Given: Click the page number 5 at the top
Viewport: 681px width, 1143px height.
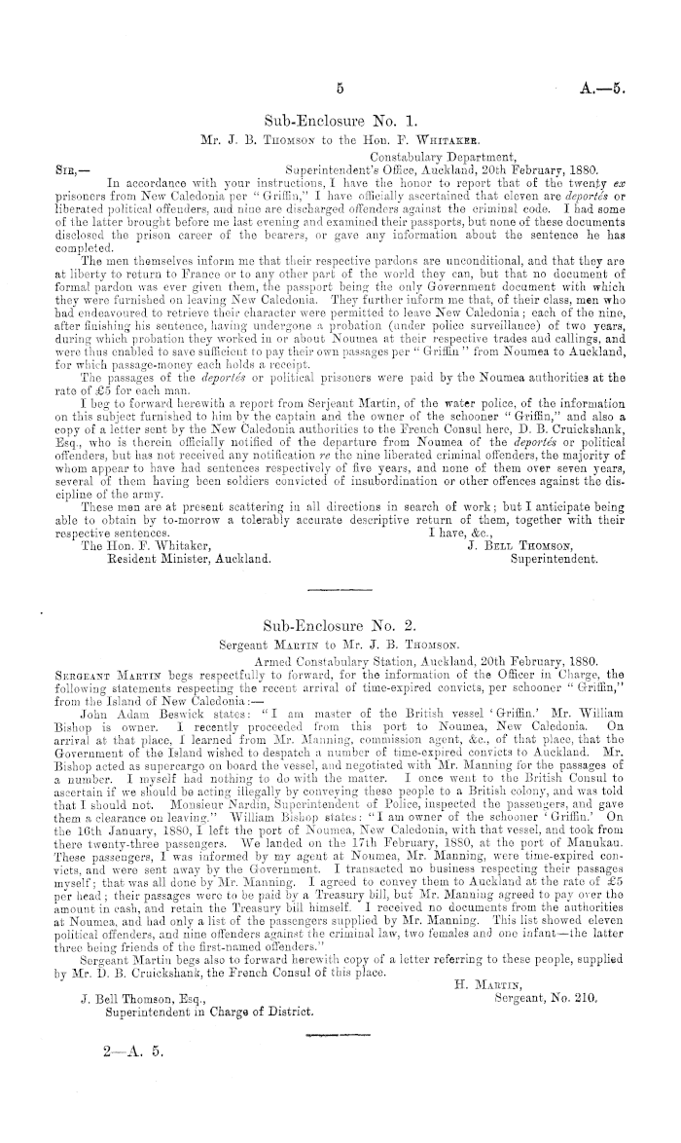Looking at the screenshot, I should pyautogui.click(x=340, y=88).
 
